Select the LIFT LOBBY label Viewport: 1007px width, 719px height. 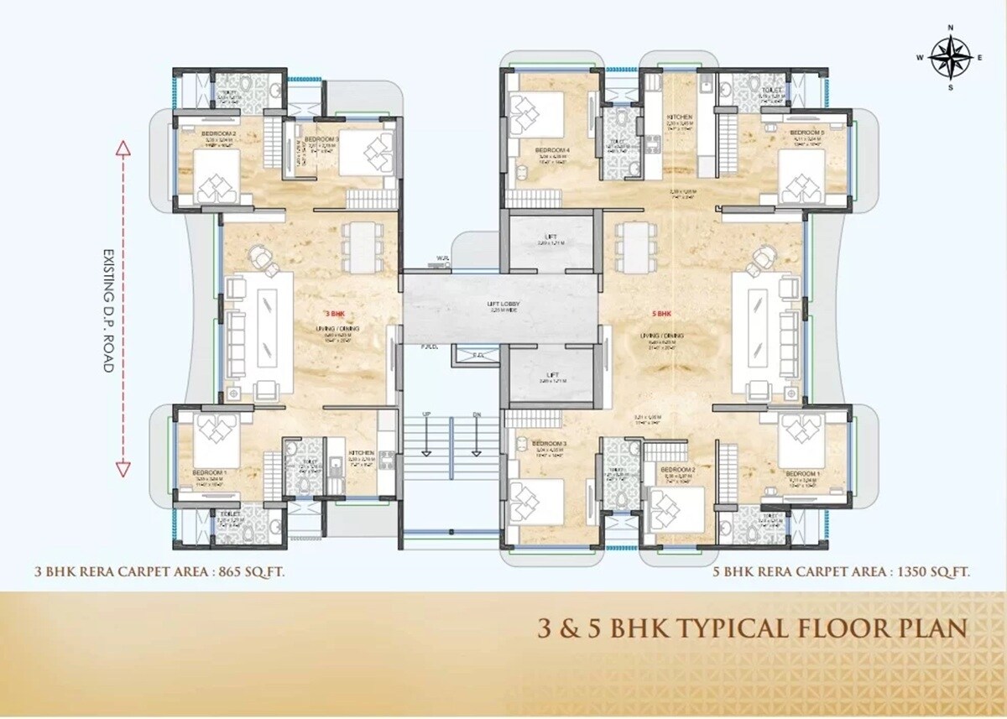pyautogui.click(x=500, y=304)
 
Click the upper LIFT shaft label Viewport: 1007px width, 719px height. pyautogui.click(x=550, y=237)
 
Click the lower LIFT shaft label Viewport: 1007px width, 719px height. pyautogui.click(x=551, y=374)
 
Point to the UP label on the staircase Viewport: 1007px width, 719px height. pyautogui.click(x=425, y=414)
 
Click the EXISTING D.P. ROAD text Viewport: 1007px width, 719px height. pyautogui.click(x=107, y=310)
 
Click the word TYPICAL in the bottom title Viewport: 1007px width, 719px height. pyautogui.click(x=739, y=628)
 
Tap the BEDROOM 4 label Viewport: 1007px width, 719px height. pyautogui.click(x=551, y=150)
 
